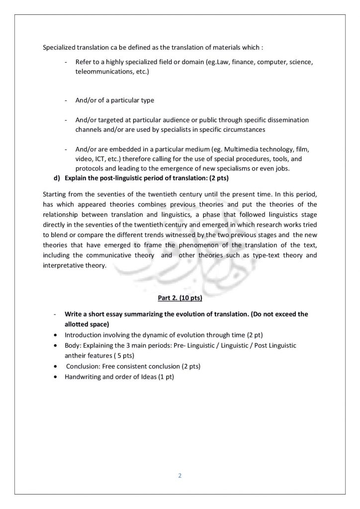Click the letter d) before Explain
[57, 177]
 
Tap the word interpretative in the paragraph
[62, 265]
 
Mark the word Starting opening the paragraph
[56, 193]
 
